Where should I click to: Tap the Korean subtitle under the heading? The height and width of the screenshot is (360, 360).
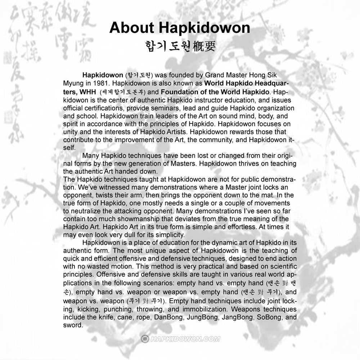coord(180,46)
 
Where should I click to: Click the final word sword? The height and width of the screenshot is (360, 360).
coord(72,325)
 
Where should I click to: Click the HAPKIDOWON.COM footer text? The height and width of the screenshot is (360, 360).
coord(185,339)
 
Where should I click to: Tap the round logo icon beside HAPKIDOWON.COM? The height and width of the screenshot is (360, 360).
coord(145,339)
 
